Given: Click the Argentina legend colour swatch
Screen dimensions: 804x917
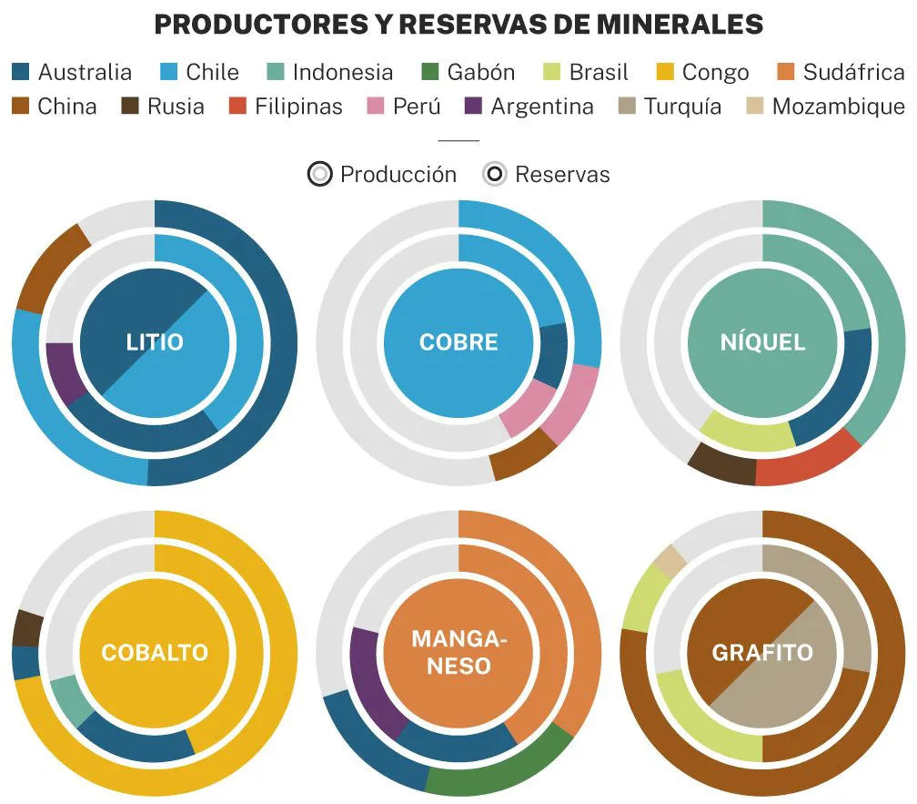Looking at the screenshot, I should click(472, 107).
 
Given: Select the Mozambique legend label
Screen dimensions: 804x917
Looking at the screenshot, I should click(838, 107).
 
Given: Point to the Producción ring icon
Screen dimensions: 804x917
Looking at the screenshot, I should click(319, 174).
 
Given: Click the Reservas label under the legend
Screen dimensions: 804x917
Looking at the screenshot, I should click(562, 174).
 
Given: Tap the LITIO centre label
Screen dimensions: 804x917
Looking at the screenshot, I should click(155, 342).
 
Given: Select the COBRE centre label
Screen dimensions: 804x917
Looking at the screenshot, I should click(458, 342).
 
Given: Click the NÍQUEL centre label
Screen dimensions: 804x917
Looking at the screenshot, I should click(762, 342).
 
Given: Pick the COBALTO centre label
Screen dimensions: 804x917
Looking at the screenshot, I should click(155, 652).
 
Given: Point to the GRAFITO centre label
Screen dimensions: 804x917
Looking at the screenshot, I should click(762, 652).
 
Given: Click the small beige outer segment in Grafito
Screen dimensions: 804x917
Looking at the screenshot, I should click(670, 559).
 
